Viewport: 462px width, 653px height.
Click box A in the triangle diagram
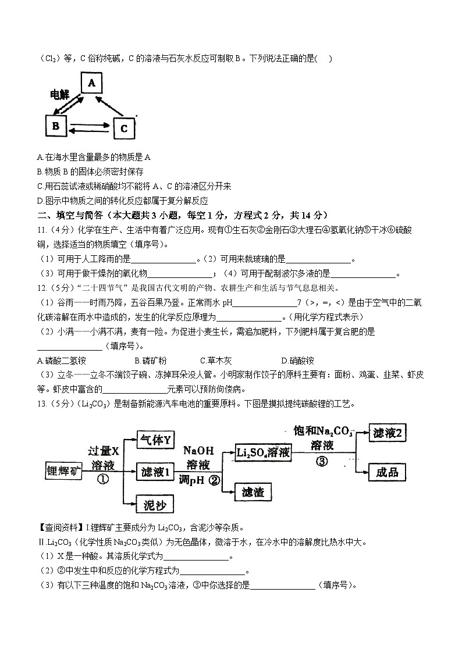[91, 84]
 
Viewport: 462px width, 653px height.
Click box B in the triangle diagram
[56, 125]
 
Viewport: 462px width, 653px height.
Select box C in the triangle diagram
[123, 128]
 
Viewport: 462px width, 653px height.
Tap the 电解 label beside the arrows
[59, 94]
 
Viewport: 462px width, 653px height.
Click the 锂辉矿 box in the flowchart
[64, 472]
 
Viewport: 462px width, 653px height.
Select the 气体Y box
[154, 441]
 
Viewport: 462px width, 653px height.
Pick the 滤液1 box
[154, 472]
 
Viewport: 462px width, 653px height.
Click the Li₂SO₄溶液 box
[263, 453]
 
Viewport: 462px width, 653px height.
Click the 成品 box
[388, 472]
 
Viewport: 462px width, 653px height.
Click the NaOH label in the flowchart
[199, 451]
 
